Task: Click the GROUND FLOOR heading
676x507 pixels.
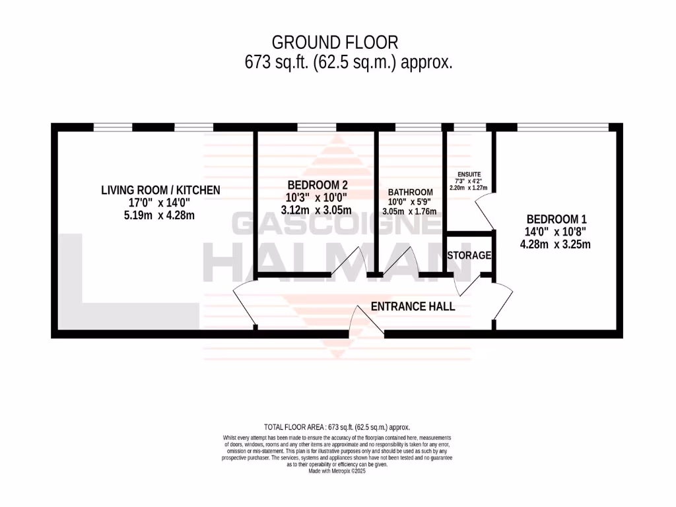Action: click(x=335, y=43)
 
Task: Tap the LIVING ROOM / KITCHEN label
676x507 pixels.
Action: click(x=160, y=190)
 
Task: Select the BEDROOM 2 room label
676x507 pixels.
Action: click(x=316, y=186)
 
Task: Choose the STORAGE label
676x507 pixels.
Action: click(x=469, y=255)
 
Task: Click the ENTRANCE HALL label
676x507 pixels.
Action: click(x=413, y=306)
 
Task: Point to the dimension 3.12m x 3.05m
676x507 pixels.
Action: click(x=316, y=210)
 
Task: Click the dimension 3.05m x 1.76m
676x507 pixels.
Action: click(x=410, y=211)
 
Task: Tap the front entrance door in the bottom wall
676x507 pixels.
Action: click(x=362, y=323)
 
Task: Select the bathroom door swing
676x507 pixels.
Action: click(x=399, y=261)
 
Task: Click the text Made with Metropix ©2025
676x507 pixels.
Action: click(x=337, y=471)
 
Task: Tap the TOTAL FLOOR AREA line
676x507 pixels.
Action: click(x=337, y=428)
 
